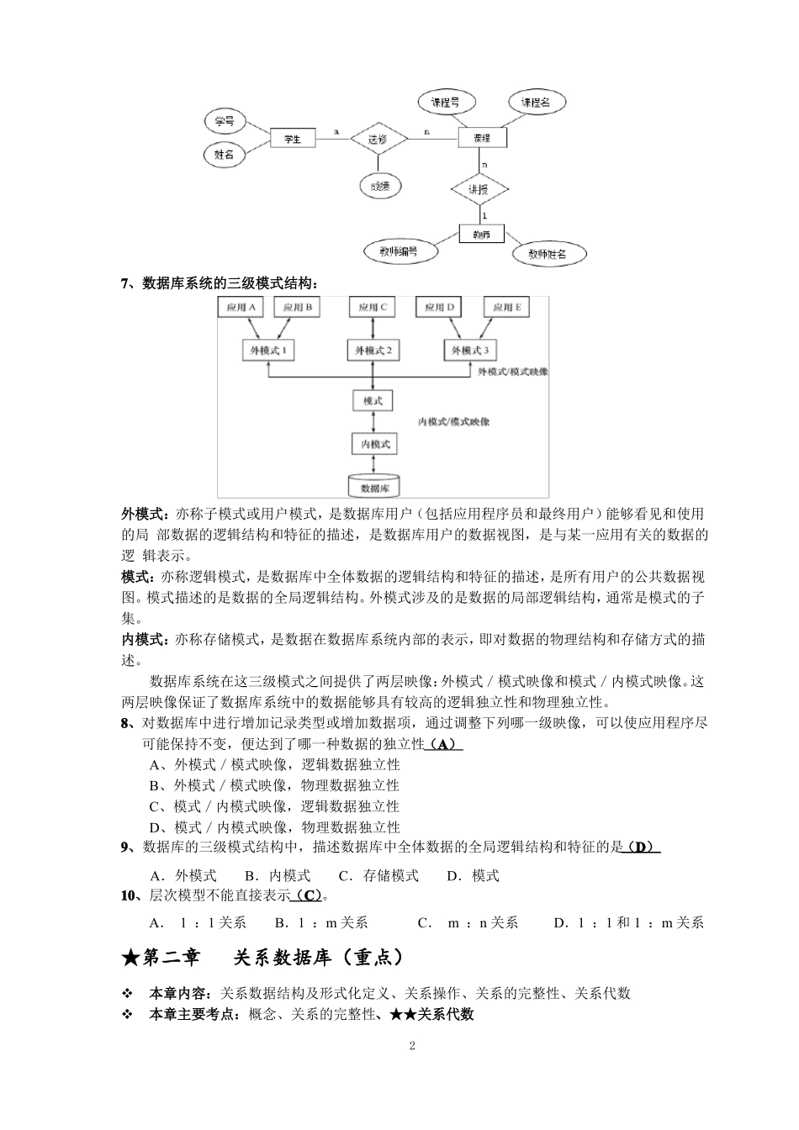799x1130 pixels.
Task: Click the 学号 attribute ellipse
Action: (224, 122)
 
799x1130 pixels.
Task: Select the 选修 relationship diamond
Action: (378, 139)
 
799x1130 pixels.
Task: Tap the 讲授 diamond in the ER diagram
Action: (478, 189)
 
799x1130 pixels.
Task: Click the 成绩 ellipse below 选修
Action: (380, 187)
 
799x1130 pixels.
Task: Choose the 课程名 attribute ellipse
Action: (535, 103)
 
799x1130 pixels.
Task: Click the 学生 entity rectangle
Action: (292, 139)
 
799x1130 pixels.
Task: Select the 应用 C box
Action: (373, 308)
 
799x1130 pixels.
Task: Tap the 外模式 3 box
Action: (470, 351)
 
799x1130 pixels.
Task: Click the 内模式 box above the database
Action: (373, 444)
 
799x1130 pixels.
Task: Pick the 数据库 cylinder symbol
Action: (374, 486)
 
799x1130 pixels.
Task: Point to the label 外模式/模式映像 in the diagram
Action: (512, 371)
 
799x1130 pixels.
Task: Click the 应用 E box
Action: (507, 308)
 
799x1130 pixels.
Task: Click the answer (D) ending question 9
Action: (640, 847)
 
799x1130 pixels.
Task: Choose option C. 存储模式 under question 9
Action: (378, 875)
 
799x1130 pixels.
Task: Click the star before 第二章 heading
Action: (130, 958)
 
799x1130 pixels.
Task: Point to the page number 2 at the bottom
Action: (412, 1046)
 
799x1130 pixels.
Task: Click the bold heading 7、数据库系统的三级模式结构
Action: (220, 282)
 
